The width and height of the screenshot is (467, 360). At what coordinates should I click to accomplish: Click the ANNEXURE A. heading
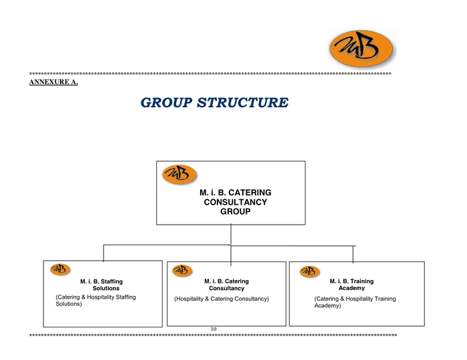point(54,82)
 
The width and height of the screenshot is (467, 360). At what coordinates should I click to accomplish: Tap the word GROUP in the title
point(166,103)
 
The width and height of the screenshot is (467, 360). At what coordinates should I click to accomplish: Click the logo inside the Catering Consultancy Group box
point(179,174)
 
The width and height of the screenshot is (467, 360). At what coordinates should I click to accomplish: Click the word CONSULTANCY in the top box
point(235,202)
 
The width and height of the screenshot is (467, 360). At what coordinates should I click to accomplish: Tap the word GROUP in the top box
point(235,211)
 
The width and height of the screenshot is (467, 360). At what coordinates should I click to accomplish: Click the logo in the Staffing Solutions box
point(60,269)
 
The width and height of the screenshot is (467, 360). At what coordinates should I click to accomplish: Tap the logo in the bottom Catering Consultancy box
point(181,270)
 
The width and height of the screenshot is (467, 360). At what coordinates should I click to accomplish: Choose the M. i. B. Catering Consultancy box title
point(226,285)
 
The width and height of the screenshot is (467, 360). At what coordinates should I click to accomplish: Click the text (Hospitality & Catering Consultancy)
point(221,299)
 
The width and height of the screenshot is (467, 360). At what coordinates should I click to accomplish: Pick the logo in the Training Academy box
point(309,271)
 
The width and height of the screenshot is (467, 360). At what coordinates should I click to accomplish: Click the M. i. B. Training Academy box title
point(352,285)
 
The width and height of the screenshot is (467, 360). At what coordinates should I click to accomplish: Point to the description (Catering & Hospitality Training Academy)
point(355,302)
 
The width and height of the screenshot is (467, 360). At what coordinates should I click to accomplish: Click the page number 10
point(213,329)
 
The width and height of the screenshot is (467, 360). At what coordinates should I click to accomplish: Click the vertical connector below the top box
point(231,235)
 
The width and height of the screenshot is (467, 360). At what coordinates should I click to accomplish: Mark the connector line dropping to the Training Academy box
point(353,253)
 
